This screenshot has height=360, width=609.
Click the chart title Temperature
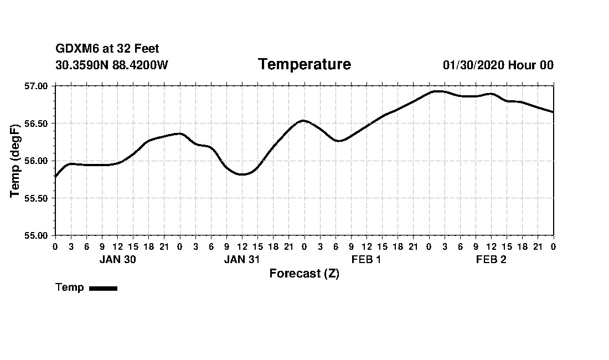coord(304,65)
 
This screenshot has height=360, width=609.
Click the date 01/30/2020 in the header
coord(473,65)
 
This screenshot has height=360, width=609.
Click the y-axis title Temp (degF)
coord(16,161)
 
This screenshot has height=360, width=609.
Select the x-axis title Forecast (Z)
coord(304,274)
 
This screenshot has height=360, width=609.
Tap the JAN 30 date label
coord(117,260)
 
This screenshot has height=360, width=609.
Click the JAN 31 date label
coord(242,260)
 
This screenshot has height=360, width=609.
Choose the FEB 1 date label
coord(367,260)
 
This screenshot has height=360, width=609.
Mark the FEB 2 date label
coord(491,260)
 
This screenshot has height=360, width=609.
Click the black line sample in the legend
coord(103,288)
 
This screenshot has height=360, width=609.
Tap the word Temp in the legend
coord(70,287)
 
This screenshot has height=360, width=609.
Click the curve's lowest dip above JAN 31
coord(242,174)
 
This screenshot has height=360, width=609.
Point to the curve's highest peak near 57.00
coord(438,91)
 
